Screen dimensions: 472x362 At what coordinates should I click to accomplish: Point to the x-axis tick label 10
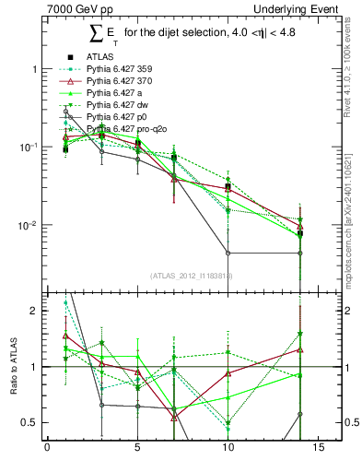(228, 449)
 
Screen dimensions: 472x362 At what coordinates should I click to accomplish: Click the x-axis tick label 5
(137, 449)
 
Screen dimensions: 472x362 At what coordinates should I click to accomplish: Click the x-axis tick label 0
(47, 449)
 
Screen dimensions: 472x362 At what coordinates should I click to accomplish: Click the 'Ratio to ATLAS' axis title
(12, 367)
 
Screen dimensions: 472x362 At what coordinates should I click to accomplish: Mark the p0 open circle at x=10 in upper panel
(228, 253)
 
